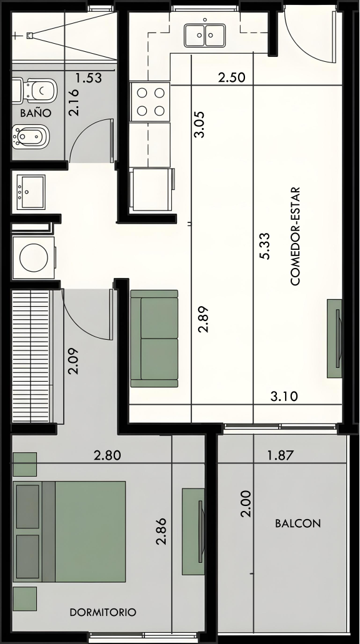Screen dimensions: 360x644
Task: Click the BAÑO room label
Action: click(36, 112)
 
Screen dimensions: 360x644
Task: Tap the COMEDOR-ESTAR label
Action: click(296, 236)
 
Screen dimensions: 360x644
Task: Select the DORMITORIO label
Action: click(102, 612)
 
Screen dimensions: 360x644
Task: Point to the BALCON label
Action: click(298, 523)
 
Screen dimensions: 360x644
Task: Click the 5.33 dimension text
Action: click(264, 246)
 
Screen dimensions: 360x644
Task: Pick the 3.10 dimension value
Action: click(284, 397)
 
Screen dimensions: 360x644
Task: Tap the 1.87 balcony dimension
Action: click(281, 455)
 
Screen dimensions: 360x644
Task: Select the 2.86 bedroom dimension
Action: click(161, 531)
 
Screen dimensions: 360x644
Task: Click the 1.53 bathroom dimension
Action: click(89, 77)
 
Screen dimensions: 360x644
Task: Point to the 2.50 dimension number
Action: click(232, 77)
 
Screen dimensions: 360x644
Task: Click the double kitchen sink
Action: click(204, 36)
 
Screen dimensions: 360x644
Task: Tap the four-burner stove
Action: click(150, 101)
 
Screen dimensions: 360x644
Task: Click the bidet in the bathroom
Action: click(31, 137)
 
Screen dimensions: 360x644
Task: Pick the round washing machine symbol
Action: click(34, 258)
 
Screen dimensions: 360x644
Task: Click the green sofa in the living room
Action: click(154, 339)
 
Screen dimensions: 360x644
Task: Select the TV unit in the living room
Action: click(334, 339)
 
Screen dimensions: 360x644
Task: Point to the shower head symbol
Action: click(29, 36)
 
